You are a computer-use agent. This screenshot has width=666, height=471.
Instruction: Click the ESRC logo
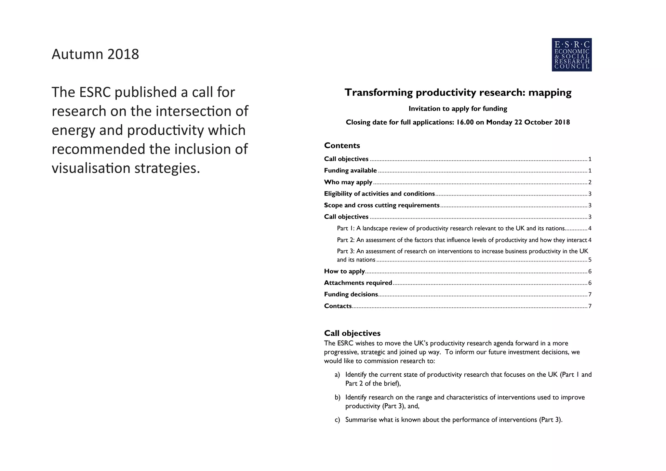tap(571, 55)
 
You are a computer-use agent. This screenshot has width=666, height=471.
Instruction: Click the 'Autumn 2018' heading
tap(95, 54)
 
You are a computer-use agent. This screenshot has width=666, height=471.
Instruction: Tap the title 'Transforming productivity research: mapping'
tap(458, 93)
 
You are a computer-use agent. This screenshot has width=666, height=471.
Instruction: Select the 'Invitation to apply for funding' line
tap(458, 109)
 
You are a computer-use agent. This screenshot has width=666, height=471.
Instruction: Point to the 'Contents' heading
tap(342, 145)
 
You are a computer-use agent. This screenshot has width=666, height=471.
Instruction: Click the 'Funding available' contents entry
tap(350, 170)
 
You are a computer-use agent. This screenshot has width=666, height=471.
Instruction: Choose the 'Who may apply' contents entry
tap(348, 182)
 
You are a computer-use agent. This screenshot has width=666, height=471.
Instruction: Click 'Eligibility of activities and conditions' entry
tap(379, 194)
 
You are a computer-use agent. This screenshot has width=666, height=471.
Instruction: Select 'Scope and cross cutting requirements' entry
tap(381, 205)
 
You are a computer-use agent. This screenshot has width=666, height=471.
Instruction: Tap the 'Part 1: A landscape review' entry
tap(450, 228)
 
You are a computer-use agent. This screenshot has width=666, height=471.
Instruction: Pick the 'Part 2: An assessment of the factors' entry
tap(462, 240)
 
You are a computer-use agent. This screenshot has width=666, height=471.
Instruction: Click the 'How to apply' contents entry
tap(344, 271)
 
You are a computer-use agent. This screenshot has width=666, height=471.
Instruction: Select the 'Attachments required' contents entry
tap(358, 283)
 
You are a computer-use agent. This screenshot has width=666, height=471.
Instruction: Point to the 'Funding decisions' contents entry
tap(351, 294)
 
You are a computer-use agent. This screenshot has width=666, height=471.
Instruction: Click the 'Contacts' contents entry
tap(338, 306)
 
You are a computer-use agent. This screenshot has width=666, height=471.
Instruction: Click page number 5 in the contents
tap(590, 260)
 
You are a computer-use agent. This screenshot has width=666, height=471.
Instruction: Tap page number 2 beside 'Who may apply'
tap(590, 182)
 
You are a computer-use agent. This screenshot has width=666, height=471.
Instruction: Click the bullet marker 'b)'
tap(337, 397)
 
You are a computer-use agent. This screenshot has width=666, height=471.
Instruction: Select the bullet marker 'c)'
tap(337, 420)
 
